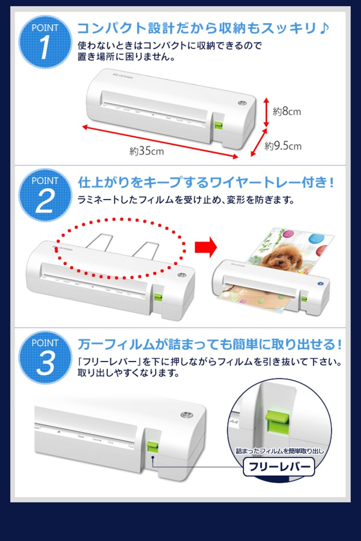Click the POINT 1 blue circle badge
point(45,42)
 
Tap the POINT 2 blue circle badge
point(45,195)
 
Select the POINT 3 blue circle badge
point(45,357)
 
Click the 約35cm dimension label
point(146,151)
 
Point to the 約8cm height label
point(287,112)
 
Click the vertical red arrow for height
point(265,112)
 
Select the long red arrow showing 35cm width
point(160,142)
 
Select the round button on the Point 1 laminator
point(242,104)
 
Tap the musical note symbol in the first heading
point(324,28)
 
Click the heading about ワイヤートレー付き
point(206,182)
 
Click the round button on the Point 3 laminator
point(185,415)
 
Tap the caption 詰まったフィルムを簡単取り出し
point(280,451)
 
